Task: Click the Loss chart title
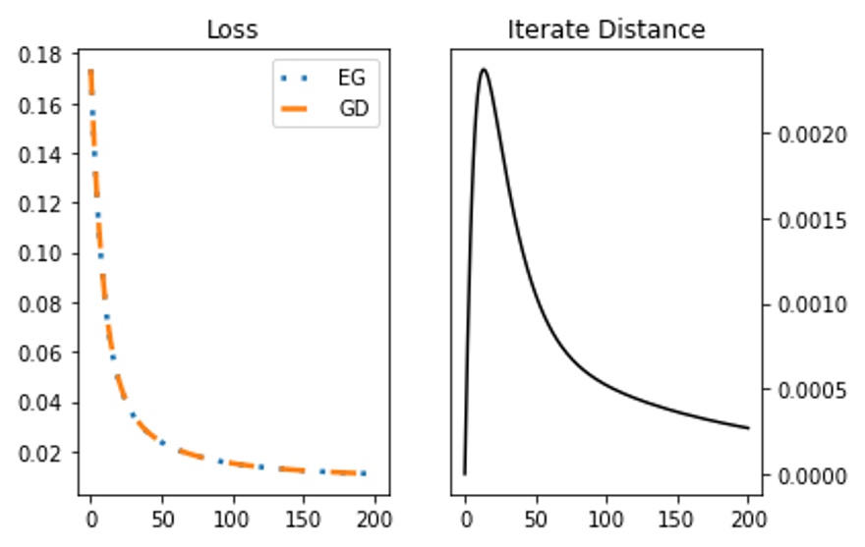point(232,30)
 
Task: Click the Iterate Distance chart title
point(605,30)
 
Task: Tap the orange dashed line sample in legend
point(301,109)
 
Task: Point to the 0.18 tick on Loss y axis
point(46,55)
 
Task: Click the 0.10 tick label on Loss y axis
point(46,253)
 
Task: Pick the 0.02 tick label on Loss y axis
point(46,453)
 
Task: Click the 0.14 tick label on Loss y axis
point(46,154)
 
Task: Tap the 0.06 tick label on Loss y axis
point(46,354)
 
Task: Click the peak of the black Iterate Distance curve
point(483,69)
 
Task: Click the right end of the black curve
point(748,428)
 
